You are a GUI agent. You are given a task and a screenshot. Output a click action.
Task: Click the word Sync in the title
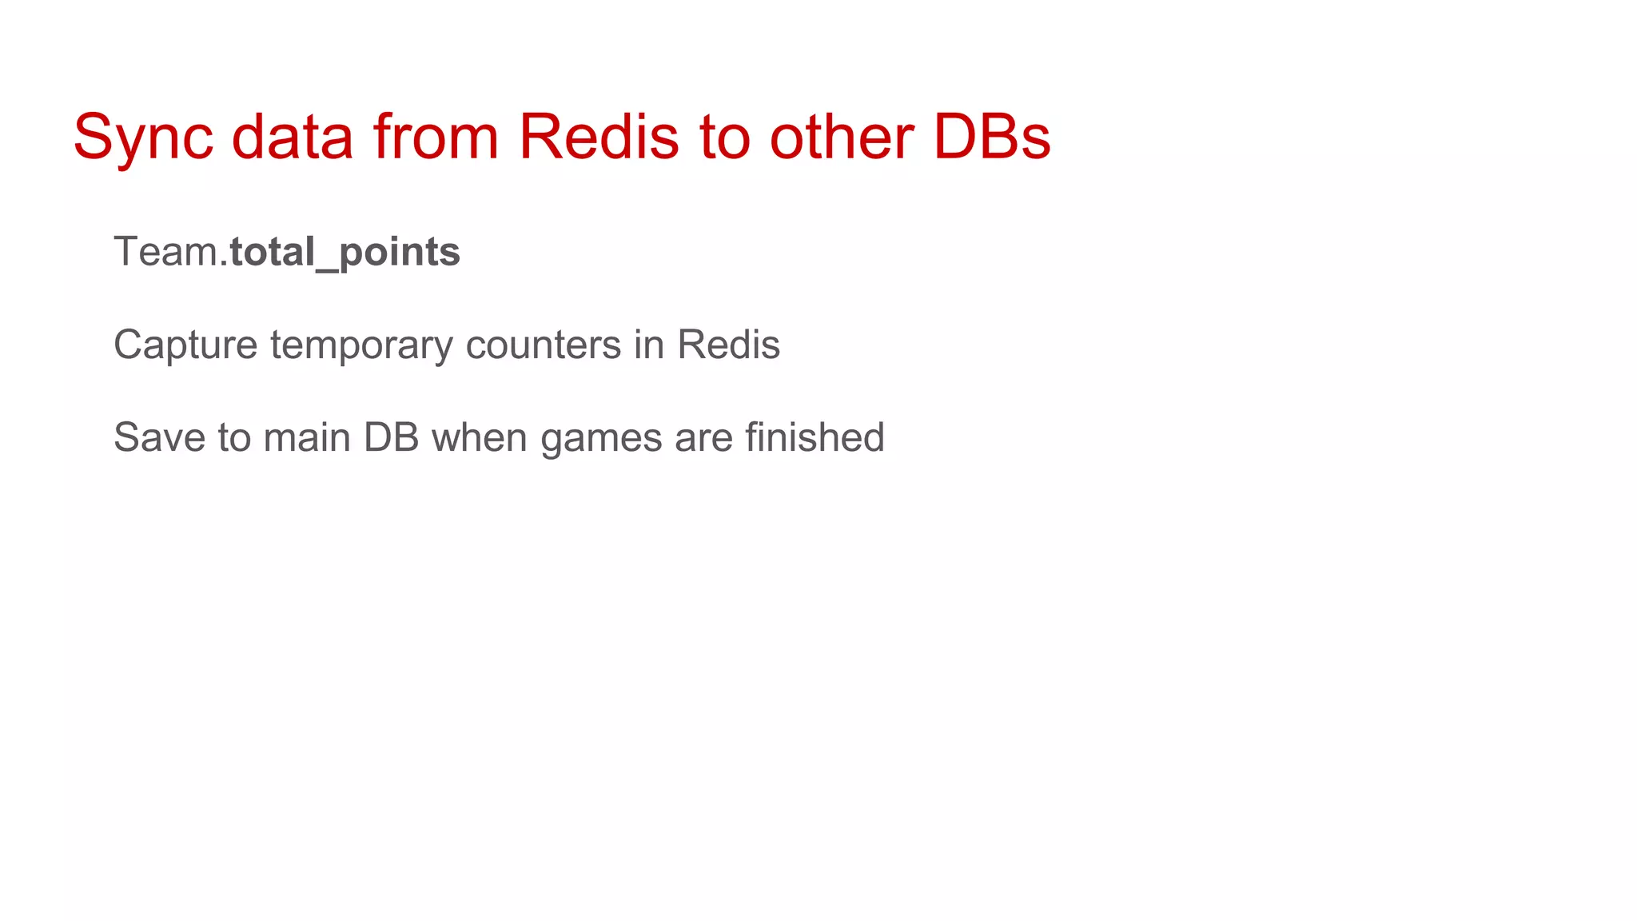click(x=143, y=138)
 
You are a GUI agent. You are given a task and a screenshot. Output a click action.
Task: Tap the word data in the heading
click(x=292, y=138)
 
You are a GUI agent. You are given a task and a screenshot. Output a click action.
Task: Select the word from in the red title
click(x=436, y=138)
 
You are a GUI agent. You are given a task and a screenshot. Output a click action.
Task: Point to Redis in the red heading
click(x=599, y=138)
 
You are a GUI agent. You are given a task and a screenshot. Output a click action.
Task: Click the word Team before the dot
click(x=165, y=252)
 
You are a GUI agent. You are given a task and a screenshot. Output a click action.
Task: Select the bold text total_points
click(x=345, y=253)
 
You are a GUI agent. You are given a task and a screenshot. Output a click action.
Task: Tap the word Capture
click(x=185, y=345)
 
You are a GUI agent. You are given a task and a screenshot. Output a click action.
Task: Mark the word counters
click(x=544, y=345)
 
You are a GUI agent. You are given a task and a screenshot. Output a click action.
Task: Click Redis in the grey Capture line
click(x=728, y=345)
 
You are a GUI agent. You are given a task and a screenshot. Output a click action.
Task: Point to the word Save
click(x=159, y=438)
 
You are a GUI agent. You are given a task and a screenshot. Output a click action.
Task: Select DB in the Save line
click(x=391, y=438)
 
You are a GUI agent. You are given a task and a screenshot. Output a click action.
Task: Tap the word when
click(x=480, y=438)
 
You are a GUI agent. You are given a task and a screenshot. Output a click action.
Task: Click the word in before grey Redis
click(x=649, y=345)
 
